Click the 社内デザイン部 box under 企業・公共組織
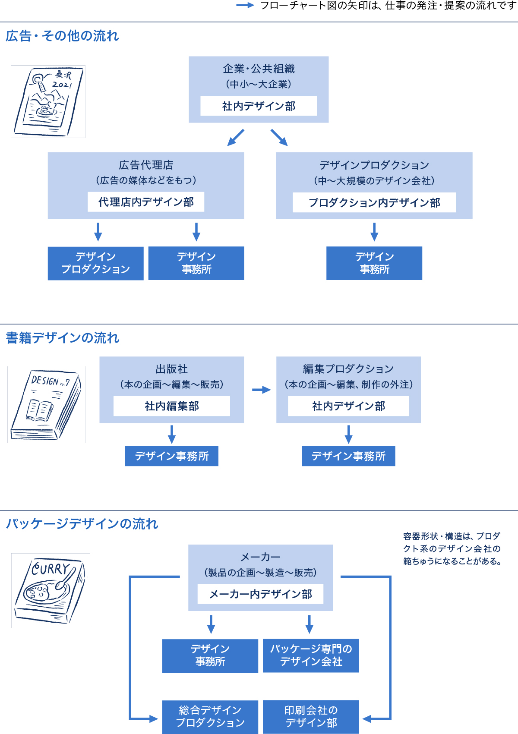[259, 106]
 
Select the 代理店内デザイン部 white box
[146, 202]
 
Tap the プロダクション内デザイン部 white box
[374, 202]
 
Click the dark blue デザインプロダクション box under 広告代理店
[95, 263]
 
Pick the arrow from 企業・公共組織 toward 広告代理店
[236, 138]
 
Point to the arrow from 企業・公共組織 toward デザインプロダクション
[279, 138]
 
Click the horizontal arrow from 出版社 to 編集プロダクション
[261, 390]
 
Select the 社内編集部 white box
[171, 406]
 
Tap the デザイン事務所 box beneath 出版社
[171, 456]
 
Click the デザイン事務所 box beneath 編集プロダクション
[348, 456]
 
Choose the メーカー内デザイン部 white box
[260, 594]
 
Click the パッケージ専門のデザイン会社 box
[311, 655]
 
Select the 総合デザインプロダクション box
[210, 717]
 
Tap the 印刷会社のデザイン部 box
[311, 717]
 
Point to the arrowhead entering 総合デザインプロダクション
[154, 719]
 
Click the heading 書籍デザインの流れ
[63, 338]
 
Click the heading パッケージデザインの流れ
[82, 524]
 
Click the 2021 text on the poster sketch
[62, 85]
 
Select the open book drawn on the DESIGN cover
[39, 410]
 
